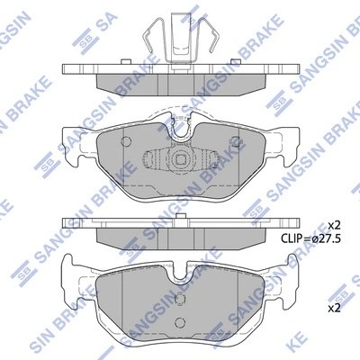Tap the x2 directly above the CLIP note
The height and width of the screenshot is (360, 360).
(x=334, y=224)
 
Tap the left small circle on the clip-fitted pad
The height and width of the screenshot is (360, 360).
(x=125, y=142)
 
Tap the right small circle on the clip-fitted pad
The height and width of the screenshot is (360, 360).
(x=236, y=142)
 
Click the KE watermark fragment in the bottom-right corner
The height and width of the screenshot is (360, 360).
(x=345, y=347)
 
